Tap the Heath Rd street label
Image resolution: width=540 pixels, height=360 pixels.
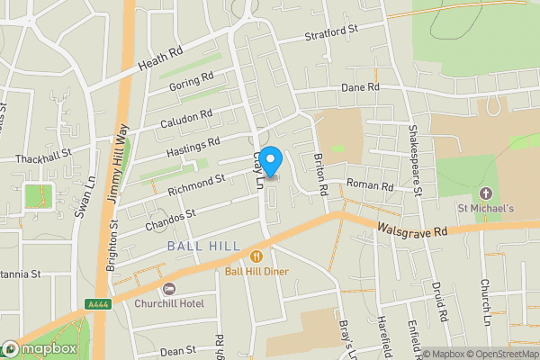coord(160,60)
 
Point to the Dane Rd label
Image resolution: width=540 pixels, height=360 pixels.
coord(361,87)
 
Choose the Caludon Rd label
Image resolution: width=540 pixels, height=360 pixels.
coord(185,118)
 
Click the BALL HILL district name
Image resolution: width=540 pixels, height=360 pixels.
coord(203,246)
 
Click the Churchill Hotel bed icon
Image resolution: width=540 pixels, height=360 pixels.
coord(170,288)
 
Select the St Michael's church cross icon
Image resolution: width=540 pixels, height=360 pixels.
coord(487,193)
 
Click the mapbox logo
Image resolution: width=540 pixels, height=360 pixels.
coord(40,348)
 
